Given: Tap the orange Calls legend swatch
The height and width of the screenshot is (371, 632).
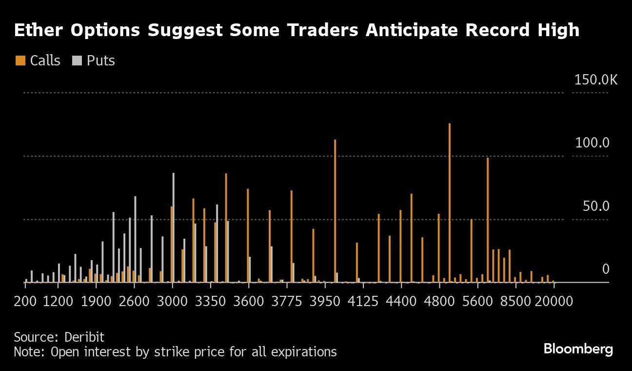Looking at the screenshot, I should [20, 61].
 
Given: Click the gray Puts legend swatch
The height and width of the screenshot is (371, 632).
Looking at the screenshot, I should [77, 61].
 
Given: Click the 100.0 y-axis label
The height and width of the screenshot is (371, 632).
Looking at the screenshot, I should [592, 143].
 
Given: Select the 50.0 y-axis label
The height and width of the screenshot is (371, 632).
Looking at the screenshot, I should [596, 206].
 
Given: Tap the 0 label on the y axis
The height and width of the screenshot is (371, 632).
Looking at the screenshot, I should [605, 269].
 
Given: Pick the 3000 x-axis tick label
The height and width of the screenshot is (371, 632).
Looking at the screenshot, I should [173, 301].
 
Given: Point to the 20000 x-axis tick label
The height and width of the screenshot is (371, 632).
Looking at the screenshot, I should [553, 301].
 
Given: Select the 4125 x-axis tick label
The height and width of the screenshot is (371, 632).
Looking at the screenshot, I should [363, 301].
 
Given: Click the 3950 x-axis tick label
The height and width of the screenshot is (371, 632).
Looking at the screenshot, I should [325, 301].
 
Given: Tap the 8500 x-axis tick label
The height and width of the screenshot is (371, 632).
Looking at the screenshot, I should [515, 301].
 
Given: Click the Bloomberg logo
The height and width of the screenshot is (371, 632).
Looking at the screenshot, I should [578, 349].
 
